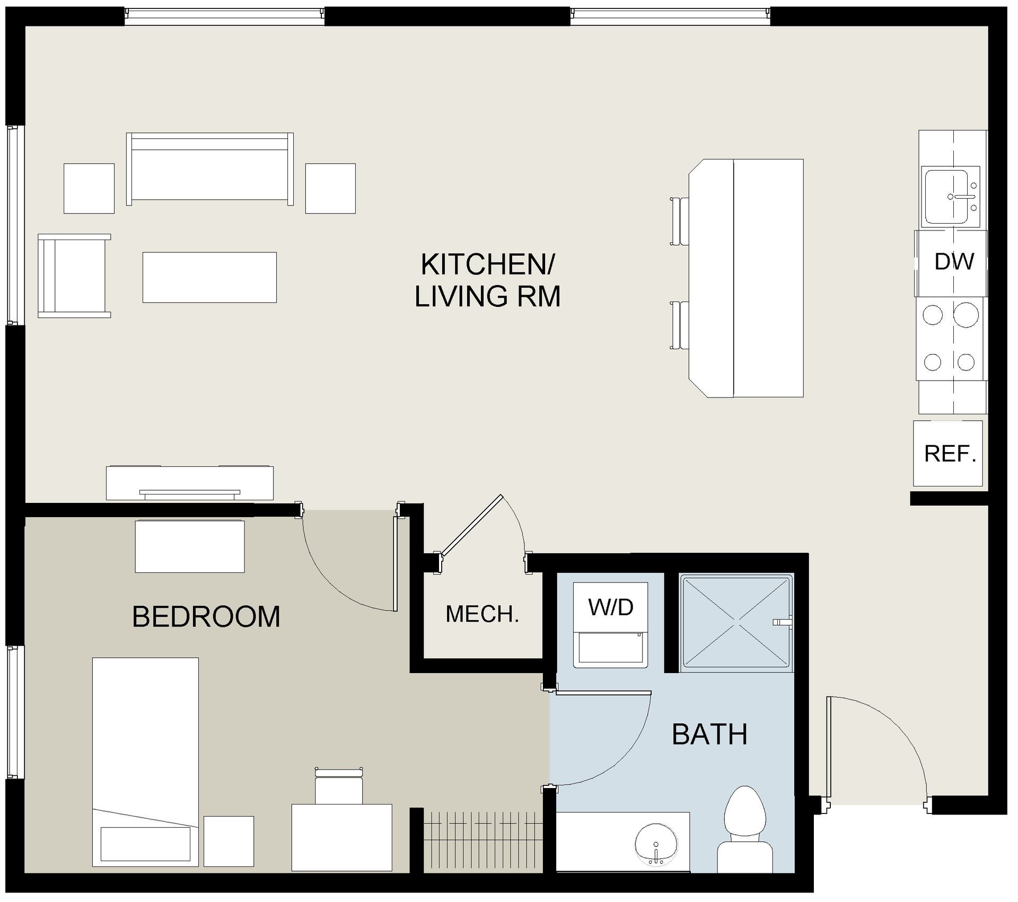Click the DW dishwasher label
[x=954, y=262]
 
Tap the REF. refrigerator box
[x=950, y=454]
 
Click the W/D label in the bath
[x=611, y=607]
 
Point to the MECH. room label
[x=482, y=614]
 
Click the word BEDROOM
[x=206, y=617]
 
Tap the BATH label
[x=709, y=735]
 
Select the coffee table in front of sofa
[x=209, y=278]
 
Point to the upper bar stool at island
[x=679, y=222]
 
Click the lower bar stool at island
[x=679, y=325]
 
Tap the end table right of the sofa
[x=330, y=189]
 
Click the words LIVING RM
[x=487, y=296]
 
